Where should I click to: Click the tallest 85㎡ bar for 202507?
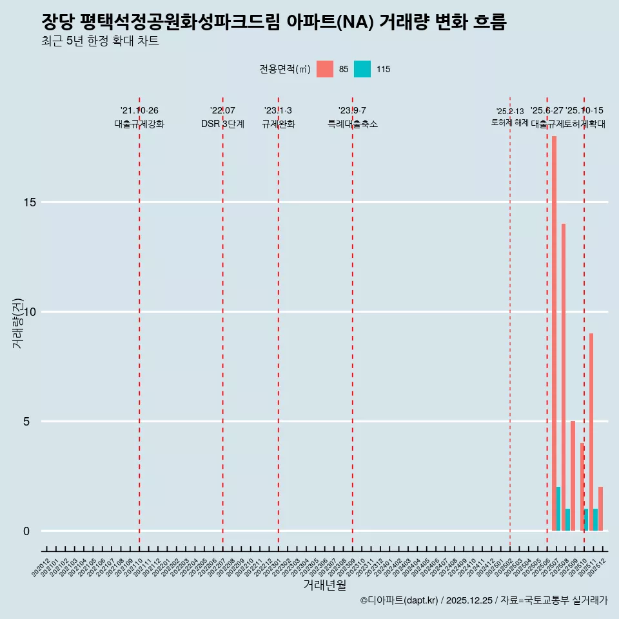554,333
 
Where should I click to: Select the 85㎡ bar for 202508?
564,377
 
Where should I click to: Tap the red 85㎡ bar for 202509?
573,476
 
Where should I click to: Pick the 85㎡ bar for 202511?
591,432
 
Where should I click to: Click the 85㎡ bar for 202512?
600,509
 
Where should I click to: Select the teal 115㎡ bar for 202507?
558,509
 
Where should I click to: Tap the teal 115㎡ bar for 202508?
567,520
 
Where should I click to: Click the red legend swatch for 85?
325,69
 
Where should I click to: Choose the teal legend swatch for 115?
362,69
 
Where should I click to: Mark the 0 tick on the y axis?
26,531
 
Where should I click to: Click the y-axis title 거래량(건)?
17,323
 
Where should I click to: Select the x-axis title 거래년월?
325,585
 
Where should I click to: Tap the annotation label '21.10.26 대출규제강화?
139,117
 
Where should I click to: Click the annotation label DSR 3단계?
222,124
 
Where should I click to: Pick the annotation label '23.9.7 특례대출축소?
352,117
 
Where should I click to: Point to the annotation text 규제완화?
279,124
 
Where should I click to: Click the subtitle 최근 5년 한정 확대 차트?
100,41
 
